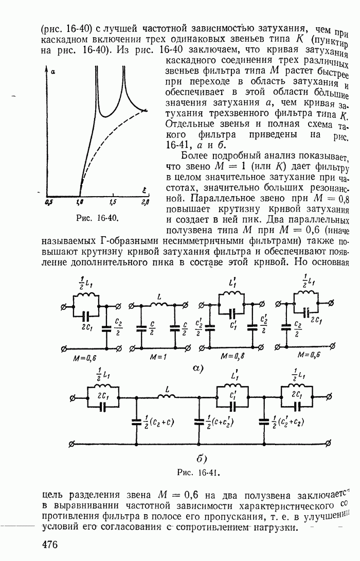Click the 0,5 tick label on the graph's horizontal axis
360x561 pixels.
coord(49,203)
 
